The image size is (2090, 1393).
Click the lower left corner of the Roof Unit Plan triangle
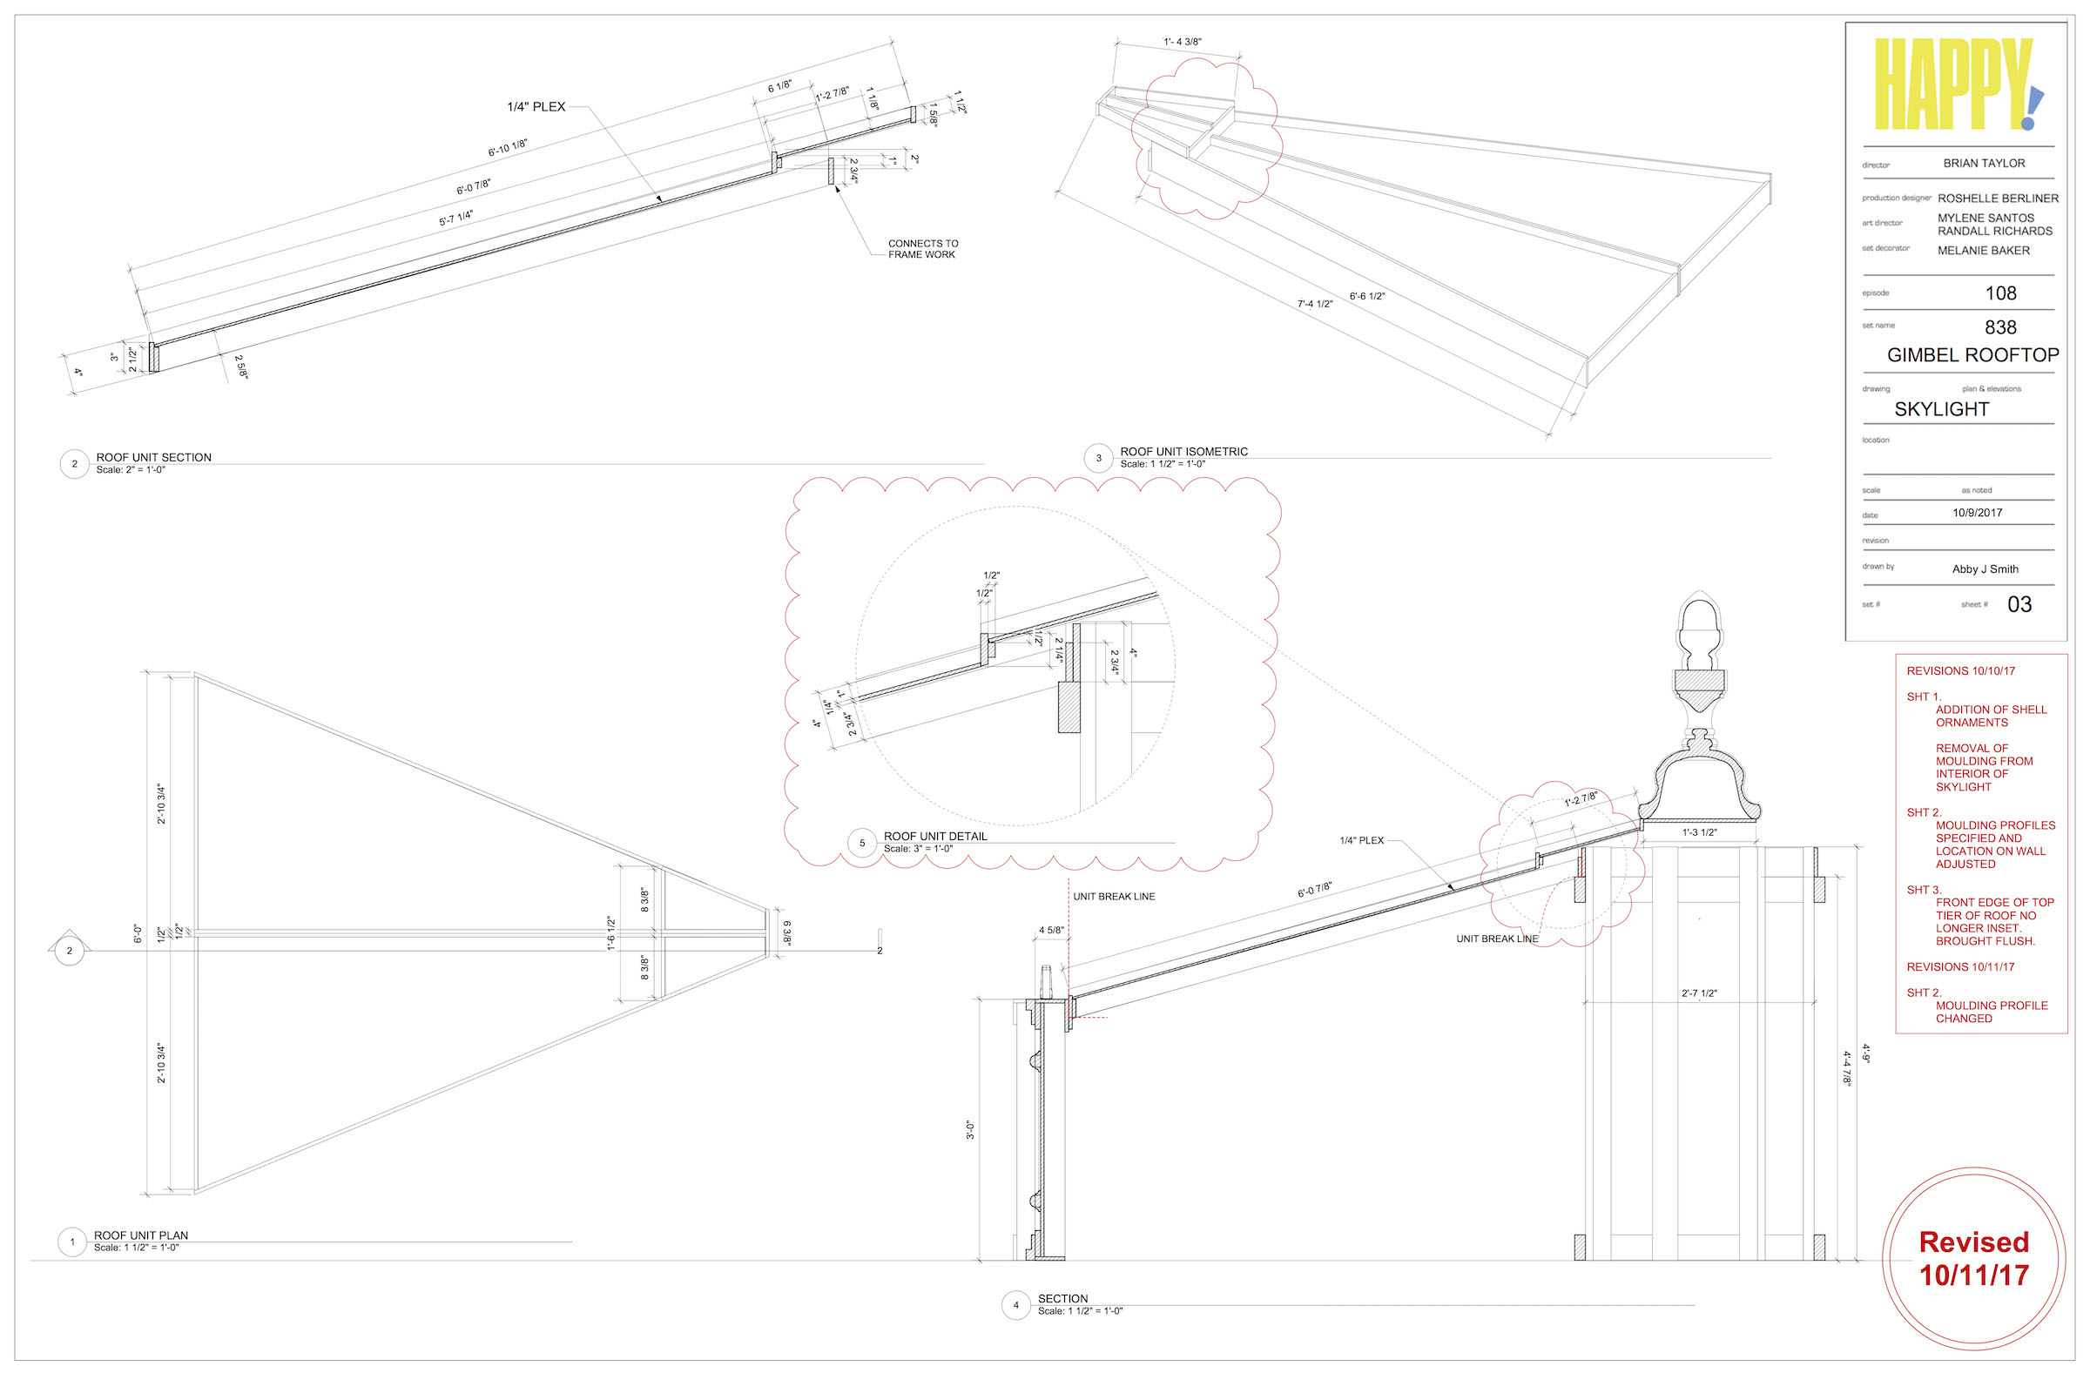pos(195,1193)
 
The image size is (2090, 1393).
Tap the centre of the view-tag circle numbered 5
pos(862,842)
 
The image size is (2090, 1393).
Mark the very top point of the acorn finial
pos(1699,592)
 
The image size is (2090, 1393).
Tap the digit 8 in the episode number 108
pos(2011,293)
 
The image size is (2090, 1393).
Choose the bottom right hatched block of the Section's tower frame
pos(1819,1248)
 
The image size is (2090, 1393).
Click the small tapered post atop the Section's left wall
pos(1046,982)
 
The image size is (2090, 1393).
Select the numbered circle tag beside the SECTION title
pos(1015,1305)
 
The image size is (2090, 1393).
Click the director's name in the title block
pos(1985,164)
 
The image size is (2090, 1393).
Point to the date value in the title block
pos(1977,513)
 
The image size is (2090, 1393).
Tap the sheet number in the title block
pos(2019,604)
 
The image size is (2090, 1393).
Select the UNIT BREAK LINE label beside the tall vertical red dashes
pos(1114,897)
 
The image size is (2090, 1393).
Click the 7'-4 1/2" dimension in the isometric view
pos(1315,304)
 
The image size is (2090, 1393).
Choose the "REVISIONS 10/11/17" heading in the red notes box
pos(1960,966)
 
